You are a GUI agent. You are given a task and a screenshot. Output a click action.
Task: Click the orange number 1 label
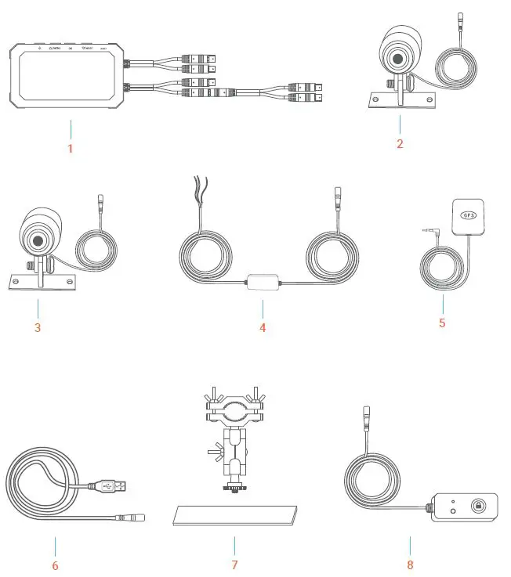70,148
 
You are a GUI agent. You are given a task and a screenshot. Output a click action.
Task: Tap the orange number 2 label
400,143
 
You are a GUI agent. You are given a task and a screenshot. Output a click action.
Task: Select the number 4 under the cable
263,327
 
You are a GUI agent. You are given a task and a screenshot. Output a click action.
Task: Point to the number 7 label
234,564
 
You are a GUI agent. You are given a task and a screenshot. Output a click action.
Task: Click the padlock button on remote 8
477,507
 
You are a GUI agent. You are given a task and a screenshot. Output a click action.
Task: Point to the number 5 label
442,322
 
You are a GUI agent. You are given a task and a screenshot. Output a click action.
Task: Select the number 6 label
54,564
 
